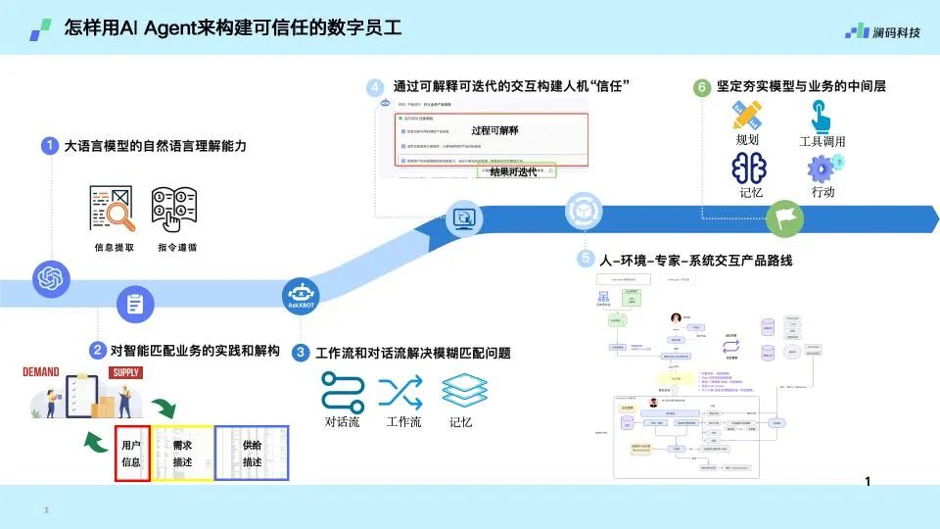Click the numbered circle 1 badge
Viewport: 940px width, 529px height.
tap(50, 146)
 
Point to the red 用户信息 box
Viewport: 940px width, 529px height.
tap(132, 454)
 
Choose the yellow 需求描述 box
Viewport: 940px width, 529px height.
tap(182, 454)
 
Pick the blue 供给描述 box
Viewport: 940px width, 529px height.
tap(252, 453)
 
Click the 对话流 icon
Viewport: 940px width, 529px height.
tap(343, 391)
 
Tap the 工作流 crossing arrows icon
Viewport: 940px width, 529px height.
tap(403, 391)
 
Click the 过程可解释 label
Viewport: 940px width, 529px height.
tap(494, 130)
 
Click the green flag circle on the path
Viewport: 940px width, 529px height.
tap(782, 217)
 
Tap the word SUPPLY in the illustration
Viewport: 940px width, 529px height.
tap(125, 372)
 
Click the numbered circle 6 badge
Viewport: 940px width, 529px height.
tap(702, 87)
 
